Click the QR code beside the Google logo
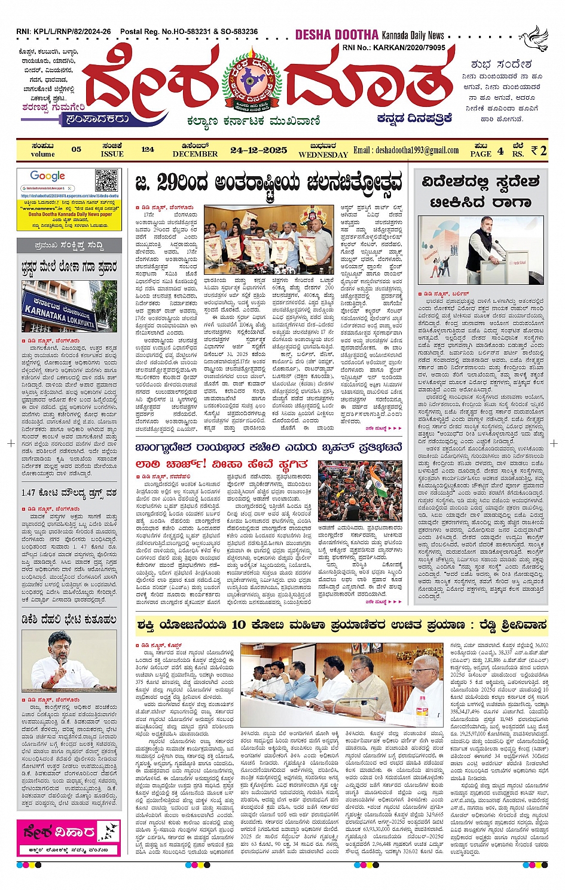point(107,180)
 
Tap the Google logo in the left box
point(48,176)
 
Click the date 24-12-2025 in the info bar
point(259,150)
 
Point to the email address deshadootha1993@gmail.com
point(406,151)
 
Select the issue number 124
point(148,149)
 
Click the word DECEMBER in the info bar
point(195,154)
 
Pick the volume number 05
point(76,149)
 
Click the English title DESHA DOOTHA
point(337,35)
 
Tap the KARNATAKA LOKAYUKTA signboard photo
point(67,306)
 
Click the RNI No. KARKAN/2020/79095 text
point(393,48)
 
